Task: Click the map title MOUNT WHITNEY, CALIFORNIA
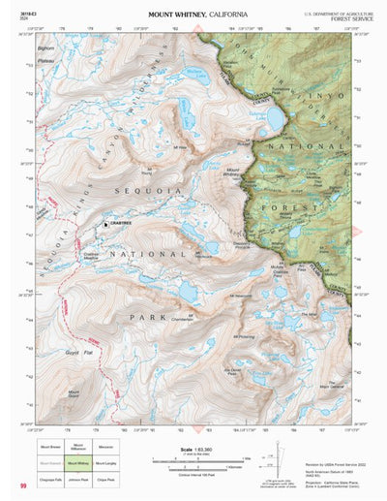197,15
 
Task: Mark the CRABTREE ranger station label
123,223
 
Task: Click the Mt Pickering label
246,336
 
